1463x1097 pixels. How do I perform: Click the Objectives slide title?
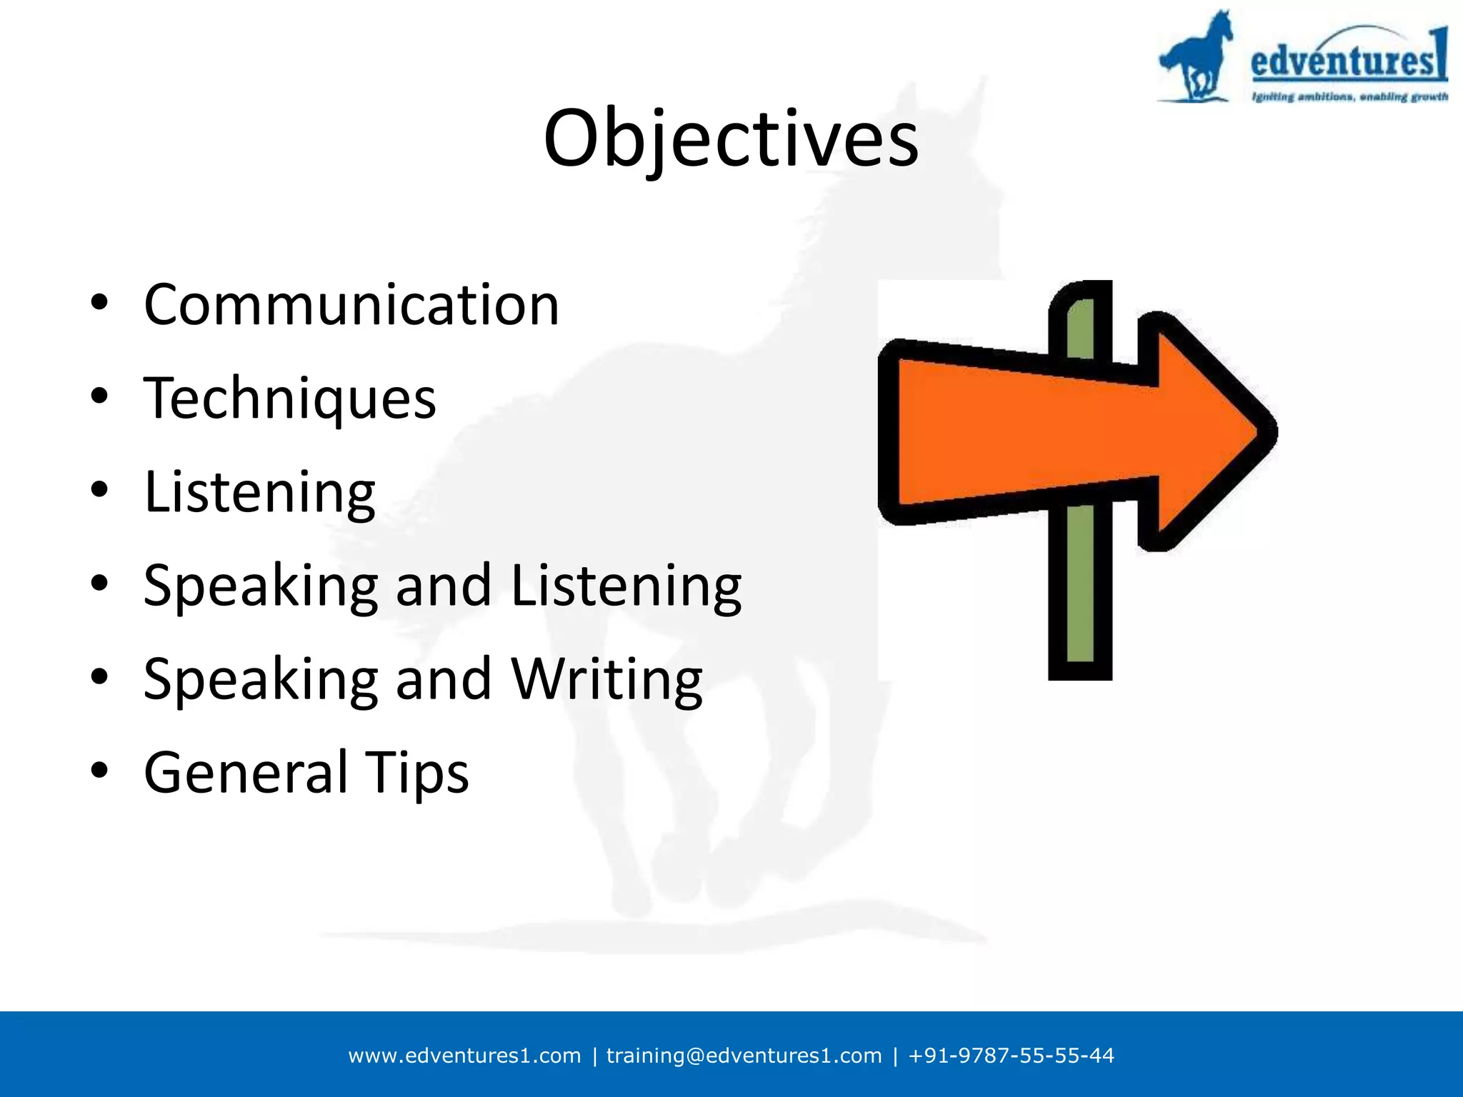(x=731, y=139)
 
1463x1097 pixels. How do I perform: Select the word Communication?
(x=351, y=306)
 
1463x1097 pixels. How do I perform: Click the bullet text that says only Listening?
(x=259, y=493)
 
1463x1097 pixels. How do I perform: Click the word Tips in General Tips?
(x=417, y=773)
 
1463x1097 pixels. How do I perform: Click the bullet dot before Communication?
(x=99, y=303)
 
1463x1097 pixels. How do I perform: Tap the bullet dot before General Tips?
(x=99, y=771)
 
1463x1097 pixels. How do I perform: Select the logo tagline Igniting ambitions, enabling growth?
(x=1349, y=96)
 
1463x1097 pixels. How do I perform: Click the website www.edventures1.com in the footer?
(x=464, y=1056)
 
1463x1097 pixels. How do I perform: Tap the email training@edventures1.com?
(x=744, y=1056)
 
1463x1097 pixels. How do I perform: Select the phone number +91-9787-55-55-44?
(x=1011, y=1056)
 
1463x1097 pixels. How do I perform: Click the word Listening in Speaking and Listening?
(x=626, y=586)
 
